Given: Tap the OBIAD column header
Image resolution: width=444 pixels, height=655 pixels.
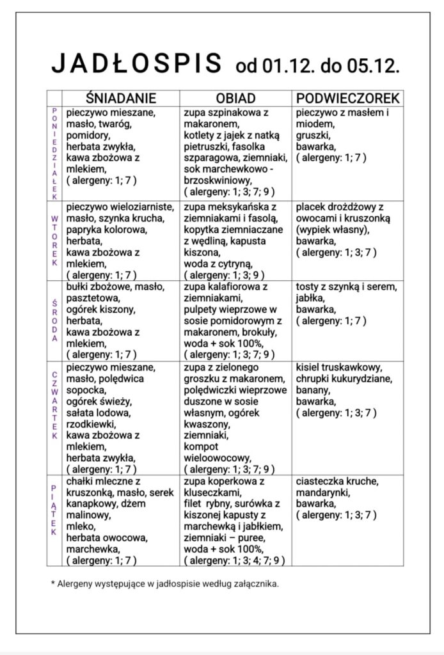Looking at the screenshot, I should tap(235, 98).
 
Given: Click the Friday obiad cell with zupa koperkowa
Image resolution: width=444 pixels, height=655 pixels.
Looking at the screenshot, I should tap(235, 520).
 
